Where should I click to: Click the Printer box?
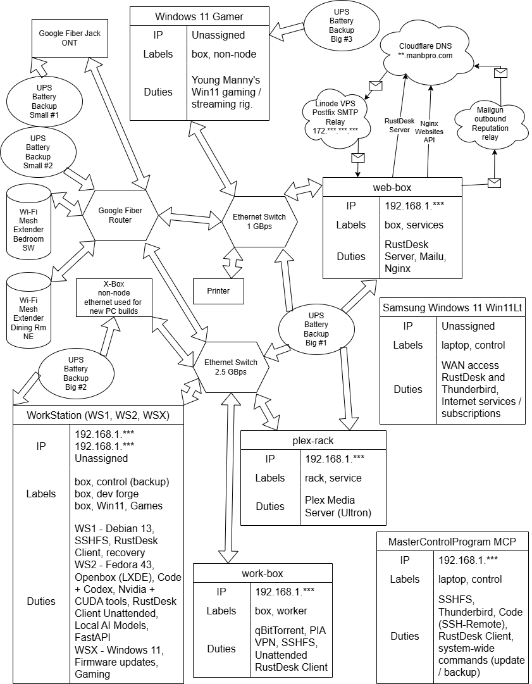pyautogui.click(x=218, y=291)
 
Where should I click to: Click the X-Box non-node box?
pyautogui.click(x=114, y=297)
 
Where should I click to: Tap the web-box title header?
pyautogui.click(x=392, y=187)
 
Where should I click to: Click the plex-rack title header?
pyautogui.click(x=314, y=440)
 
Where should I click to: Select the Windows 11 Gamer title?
pyautogui.click(x=199, y=16)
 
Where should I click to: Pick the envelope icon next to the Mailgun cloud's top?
pyautogui.click(x=500, y=73)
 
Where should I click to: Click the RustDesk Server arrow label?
pyautogui.click(x=399, y=125)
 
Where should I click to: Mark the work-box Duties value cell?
pyautogui.click(x=291, y=649)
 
